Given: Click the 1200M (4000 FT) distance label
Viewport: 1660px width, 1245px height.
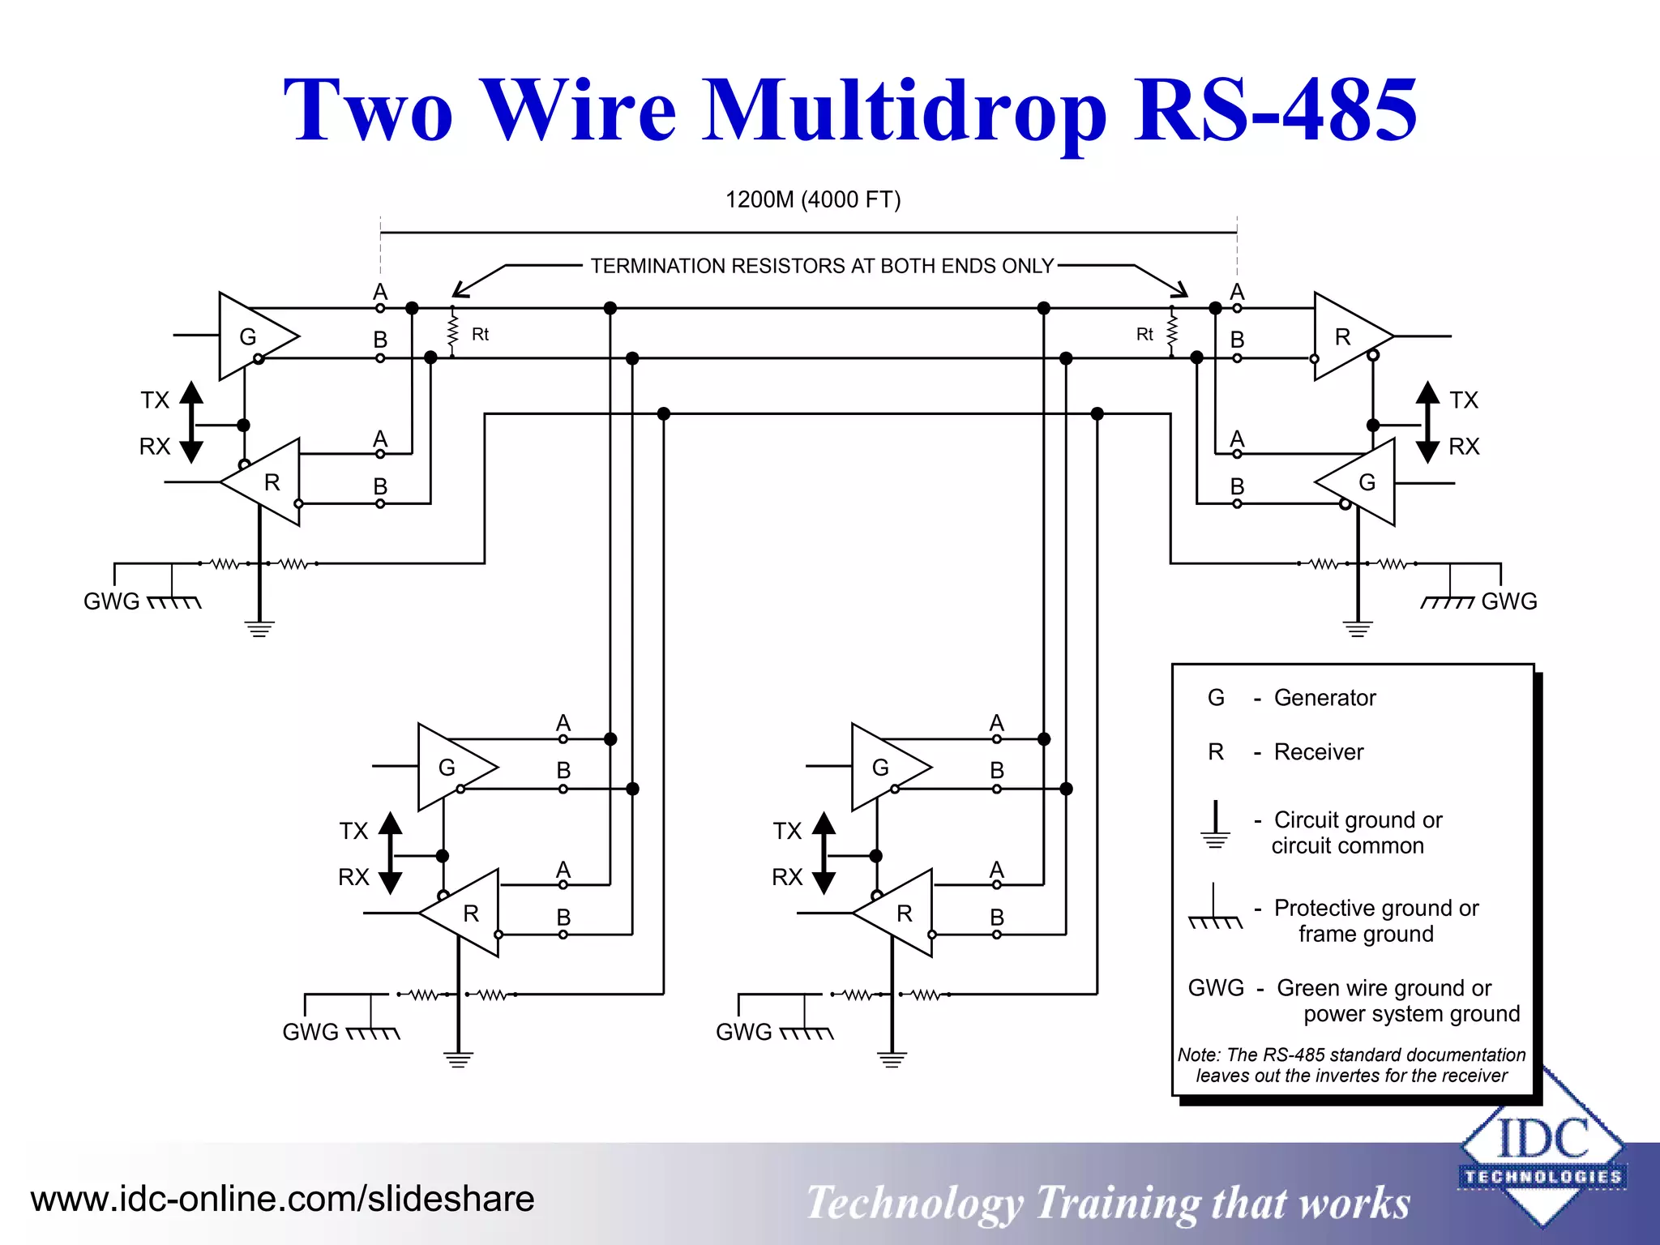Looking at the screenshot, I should [x=812, y=199].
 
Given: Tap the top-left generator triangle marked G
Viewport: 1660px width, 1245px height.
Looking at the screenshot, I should [x=253, y=336].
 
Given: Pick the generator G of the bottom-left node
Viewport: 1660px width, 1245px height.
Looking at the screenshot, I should [x=451, y=767].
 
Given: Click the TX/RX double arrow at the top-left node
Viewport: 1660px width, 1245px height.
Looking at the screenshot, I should [x=191, y=422].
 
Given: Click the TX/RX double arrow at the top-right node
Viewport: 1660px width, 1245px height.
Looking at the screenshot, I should [x=1427, y=422].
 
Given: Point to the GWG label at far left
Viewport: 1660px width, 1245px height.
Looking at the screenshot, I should [x=111, y=601].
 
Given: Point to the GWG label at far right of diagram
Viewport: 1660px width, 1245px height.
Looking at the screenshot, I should [x=1508, y=601].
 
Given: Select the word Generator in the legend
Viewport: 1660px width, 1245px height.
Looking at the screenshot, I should [x=1324, y=698].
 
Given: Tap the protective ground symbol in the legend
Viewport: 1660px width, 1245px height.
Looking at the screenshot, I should [x=1214, y=909].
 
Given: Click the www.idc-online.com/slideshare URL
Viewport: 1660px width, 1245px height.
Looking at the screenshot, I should [x=282, y=1199].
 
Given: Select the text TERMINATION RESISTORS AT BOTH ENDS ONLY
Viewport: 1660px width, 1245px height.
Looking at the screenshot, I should [x=821, y=266].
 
